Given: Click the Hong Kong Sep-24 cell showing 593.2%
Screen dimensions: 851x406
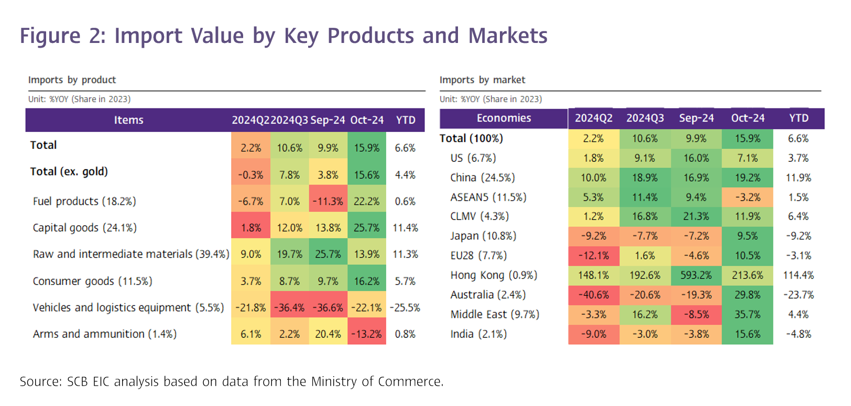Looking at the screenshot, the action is tap(696, 276).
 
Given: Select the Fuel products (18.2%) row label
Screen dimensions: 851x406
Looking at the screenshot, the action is tap(84, 201).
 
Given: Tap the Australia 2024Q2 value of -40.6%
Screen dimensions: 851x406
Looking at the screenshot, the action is tap(593, 295).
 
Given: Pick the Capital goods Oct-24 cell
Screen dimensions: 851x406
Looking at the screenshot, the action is tap(367, 228).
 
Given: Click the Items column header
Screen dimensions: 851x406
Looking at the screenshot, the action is tap(129, 120).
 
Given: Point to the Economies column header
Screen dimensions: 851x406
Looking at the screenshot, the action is tap(504, 118).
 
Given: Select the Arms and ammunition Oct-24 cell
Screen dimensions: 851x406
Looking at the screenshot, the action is tap(367, 334).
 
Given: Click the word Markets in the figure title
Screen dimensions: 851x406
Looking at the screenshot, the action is tap(508, 36).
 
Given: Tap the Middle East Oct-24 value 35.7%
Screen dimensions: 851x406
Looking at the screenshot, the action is tap(747, 314).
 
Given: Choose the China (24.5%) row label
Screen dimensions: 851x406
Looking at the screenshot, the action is tap(483, 178).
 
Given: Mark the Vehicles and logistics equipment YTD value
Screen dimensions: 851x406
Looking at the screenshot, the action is tap(405, 308).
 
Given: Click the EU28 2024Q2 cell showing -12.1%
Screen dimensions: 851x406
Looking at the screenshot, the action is tap(593, 256).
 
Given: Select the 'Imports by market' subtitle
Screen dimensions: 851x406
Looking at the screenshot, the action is tap(482, 80).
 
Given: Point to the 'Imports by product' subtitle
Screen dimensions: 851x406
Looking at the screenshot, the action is tap(72, 80).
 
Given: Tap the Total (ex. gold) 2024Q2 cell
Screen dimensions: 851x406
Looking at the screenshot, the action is tap(250, 175).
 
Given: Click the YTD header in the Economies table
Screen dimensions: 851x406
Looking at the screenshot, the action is tap(799, 118).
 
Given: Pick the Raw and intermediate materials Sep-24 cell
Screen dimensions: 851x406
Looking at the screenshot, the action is tap(328, 255).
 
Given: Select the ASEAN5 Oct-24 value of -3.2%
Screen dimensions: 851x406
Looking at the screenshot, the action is tap(747, 197).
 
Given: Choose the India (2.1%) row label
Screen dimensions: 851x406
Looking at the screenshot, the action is tap(478, 334).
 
